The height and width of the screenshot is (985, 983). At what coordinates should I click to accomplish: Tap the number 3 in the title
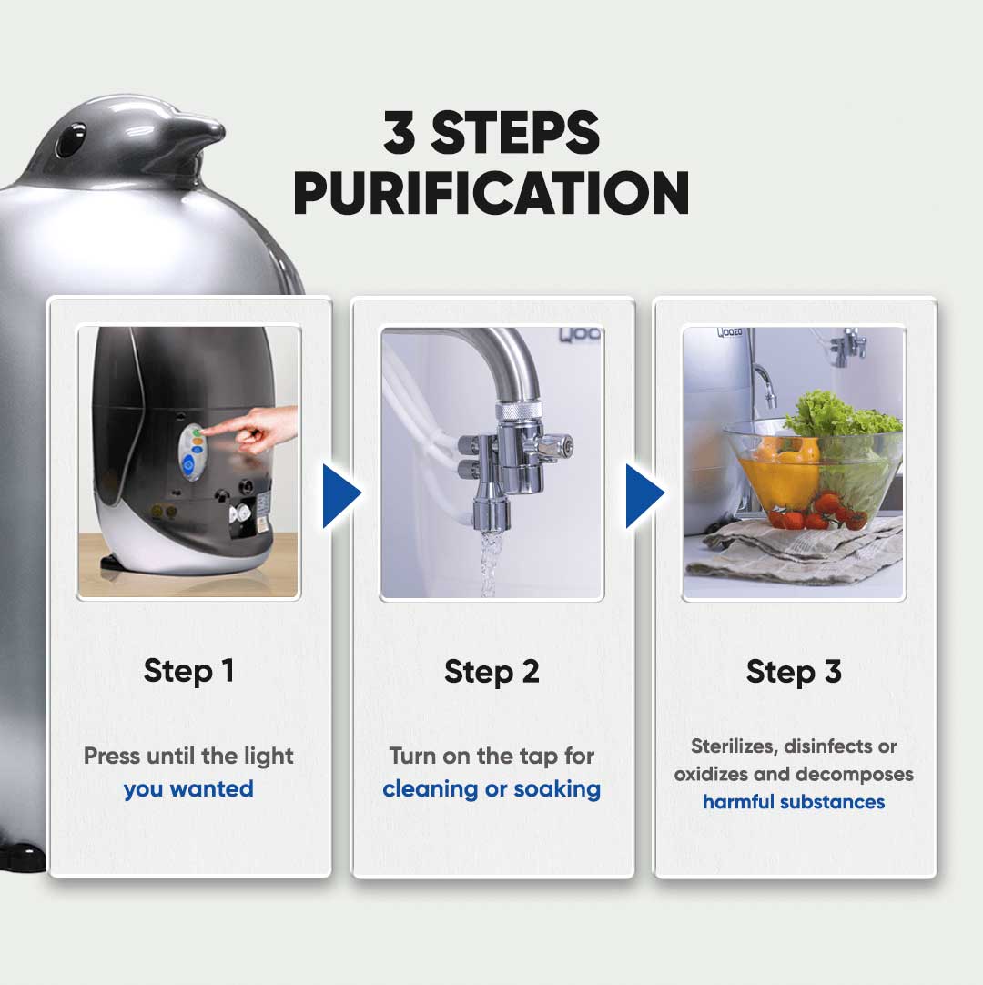[399, 132]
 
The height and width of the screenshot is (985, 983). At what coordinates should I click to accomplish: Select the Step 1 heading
[189, 672]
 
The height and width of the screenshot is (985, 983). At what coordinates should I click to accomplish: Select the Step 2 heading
[491, 672]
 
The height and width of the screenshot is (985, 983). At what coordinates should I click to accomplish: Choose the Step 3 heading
[794, 672]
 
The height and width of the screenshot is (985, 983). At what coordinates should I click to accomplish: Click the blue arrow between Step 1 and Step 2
[341, 495]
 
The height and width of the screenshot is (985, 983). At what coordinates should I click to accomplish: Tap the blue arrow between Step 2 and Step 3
[644, 495]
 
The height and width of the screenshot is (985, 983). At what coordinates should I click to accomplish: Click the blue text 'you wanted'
[188, 789]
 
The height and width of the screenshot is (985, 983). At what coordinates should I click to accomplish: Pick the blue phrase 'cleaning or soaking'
[491, 789]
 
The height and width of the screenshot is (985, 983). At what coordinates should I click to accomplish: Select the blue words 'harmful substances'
[794, 802]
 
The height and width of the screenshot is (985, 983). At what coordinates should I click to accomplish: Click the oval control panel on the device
[191, 451]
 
